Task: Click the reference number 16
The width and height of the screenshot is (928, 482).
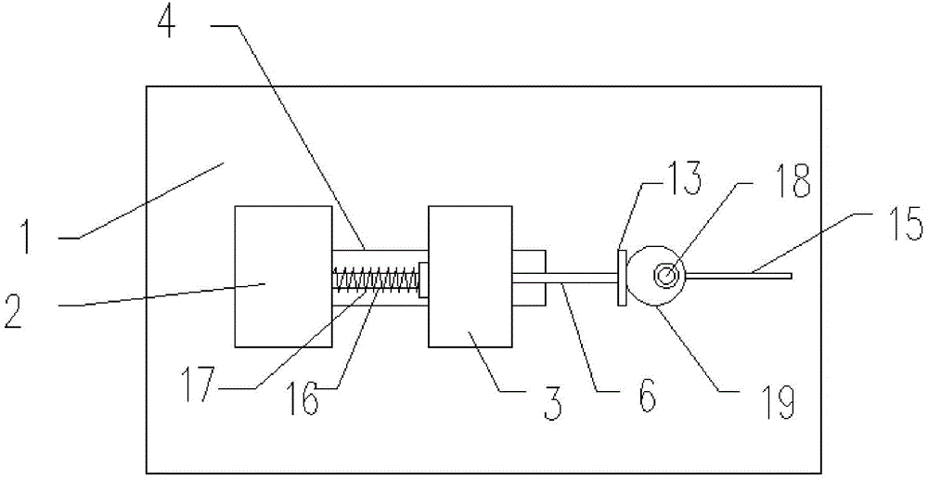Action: (x=303, y=399)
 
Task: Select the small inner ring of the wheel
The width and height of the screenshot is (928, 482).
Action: (x=666, y=276)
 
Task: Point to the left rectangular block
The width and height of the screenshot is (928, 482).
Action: (x=283, y=277)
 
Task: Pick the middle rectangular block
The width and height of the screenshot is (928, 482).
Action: (x=470, y=277)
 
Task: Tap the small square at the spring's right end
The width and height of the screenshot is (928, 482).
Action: (x=423, y=280)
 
